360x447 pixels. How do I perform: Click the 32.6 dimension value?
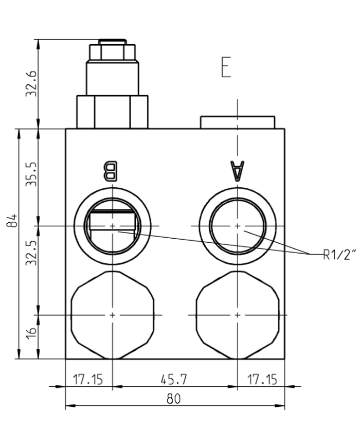click(x=32, y=83)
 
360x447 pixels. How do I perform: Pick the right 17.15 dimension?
click(x=261, y=379)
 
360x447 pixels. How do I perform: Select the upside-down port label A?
click(x=237, y=171)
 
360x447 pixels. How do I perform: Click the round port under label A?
click(x=237, y=225)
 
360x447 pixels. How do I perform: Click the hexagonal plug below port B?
click(x=112, y=314)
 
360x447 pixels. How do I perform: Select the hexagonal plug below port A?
click(x=238, y=314)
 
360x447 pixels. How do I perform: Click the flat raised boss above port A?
click(x=237, y=122)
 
